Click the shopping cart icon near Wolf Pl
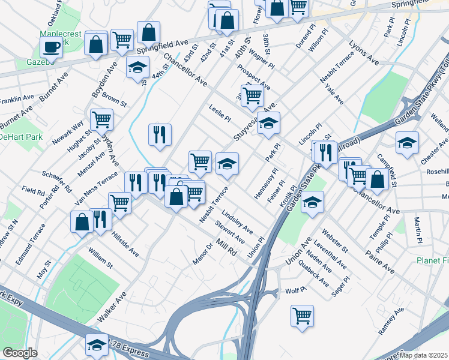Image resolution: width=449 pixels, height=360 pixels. pyautogui.click(x=302, y=315)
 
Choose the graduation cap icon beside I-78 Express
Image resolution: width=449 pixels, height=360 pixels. pyautogui.click(x=97, y=344)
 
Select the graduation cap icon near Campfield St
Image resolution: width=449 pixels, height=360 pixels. pyautogui.click(x=407, y=143)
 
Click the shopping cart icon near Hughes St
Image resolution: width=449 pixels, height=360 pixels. pyautogui.click(x=101, y=119)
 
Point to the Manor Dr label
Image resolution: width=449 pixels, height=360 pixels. pyautogui.click(x=203, y=251)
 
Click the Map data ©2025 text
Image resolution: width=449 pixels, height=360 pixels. pyautogui.click(x=424, y=355)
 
